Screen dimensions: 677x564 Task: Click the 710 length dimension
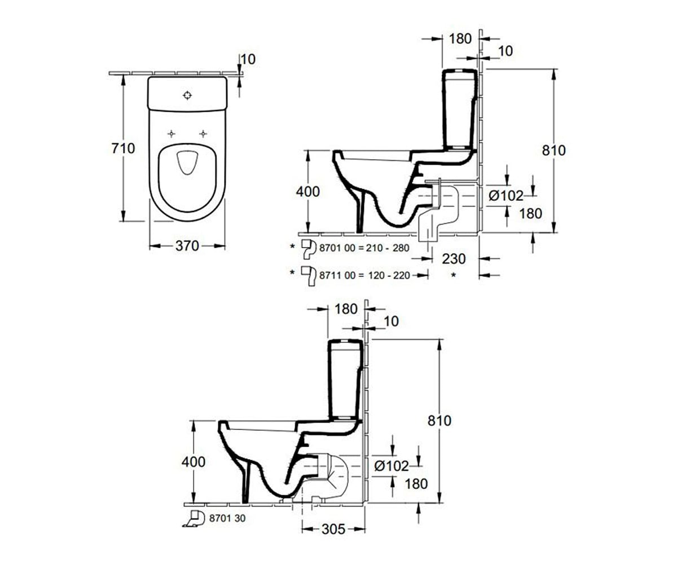click(x=123, y=148)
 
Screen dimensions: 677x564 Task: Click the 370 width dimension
click(x=187, y=246)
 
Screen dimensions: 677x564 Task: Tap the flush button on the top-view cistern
click(x=187, y=95)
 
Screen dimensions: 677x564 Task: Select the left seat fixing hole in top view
click(x=171, y=134)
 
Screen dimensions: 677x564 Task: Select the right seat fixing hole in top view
click(x=203, y=134)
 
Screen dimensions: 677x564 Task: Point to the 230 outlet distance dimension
click(x=454, y=259)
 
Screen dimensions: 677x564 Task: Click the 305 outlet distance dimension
click(x=333, y=530)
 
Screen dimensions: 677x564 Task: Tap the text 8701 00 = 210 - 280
click(x=364, y=248)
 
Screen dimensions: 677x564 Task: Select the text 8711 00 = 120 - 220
click(x=365, y=276)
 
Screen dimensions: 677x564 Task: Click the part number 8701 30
click(x=227, y=518)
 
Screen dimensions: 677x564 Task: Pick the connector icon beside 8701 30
click(x=194, y=519)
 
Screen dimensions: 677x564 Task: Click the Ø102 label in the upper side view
click(x=506, y=196)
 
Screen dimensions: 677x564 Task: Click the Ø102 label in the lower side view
click(x=392, y=466)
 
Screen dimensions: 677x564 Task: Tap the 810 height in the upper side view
click(x=554, y=151)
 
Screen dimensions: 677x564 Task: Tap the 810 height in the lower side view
click(x=439, y=421)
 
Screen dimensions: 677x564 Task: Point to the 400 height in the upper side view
click(x=307, y=192)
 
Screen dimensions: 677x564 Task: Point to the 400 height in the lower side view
click(x=194, y=462)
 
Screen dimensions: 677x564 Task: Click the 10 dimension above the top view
click(x=248, y=59)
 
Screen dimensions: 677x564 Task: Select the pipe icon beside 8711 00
click(x=309, y=276)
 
